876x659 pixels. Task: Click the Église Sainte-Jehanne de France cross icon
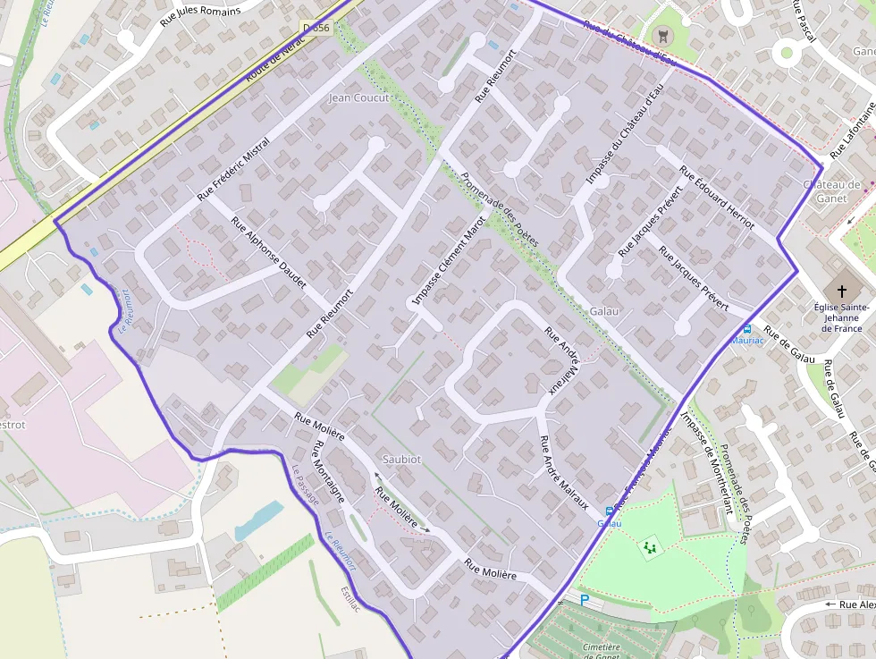[840, 291]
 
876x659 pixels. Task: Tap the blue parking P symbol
[585, 600]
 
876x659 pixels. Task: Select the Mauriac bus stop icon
[746, 328]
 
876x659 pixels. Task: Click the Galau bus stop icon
[610, 511]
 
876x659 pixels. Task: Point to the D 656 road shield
[316, 29]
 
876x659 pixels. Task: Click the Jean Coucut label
[358, 97]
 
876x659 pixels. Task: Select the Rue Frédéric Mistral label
[233, 167]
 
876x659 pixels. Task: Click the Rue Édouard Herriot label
[717, 197]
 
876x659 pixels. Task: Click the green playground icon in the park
[650, 545]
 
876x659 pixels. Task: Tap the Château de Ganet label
[831, 191]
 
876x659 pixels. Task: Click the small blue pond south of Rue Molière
[259, 520]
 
